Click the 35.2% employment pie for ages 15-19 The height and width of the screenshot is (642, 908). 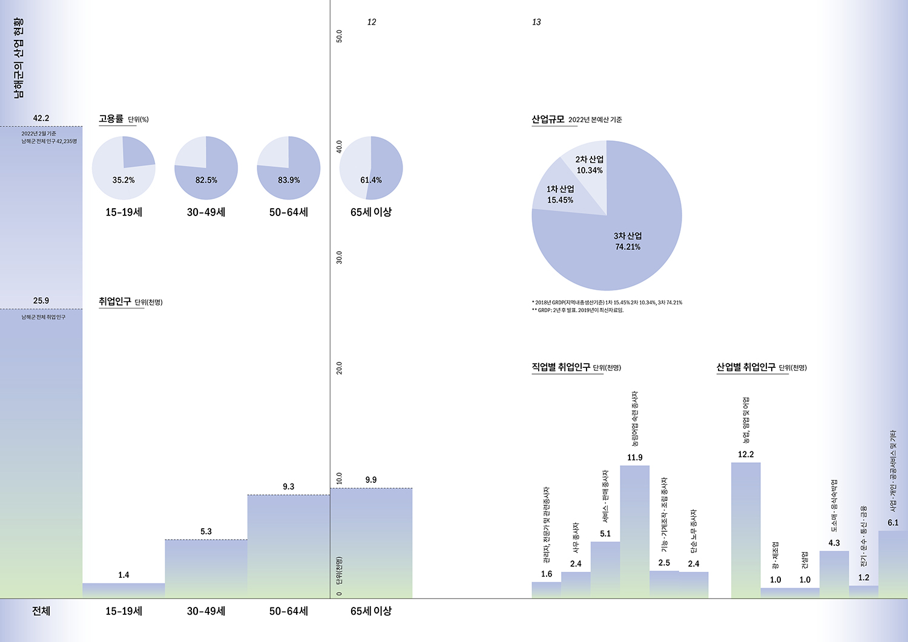coord(123,168)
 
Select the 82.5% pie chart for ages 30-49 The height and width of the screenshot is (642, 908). coord(206,168)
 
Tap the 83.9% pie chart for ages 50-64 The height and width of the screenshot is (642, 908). coord(289,168)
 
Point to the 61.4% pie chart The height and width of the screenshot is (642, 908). coord(371,168)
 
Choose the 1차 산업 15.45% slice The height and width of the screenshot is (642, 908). coord(560,194)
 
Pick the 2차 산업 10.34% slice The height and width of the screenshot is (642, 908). coord(588,164)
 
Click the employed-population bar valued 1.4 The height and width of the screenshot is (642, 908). coord(123,590)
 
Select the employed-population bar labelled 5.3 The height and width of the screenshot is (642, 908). coord(206,569)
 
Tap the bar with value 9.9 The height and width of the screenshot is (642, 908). coord(371,543)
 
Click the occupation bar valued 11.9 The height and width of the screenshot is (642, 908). coord(635,531)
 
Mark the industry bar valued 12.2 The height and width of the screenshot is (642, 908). coord(746,530)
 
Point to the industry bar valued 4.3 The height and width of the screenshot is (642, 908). coord(834,574)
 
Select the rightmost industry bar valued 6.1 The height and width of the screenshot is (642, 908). coord(893,564)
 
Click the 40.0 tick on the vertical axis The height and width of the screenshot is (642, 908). coord(339,146)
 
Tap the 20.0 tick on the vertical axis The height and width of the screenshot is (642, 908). coord(339,368)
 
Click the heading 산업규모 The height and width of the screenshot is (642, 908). coord(548,119)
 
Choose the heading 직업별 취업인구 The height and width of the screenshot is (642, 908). coord(561,367)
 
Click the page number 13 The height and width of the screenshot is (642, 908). coord(536,22)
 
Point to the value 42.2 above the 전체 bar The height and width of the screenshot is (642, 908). coord(41,118)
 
